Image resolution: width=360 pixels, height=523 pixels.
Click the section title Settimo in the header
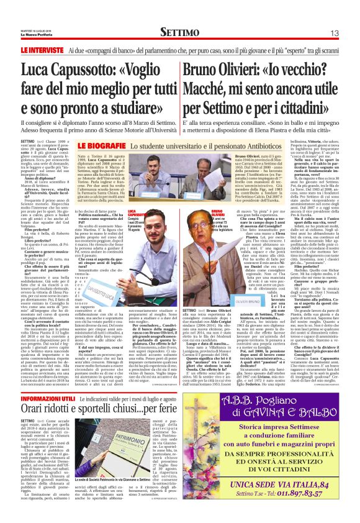pos(179,32)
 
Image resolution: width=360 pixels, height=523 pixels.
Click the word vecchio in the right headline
pos(318,67)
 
